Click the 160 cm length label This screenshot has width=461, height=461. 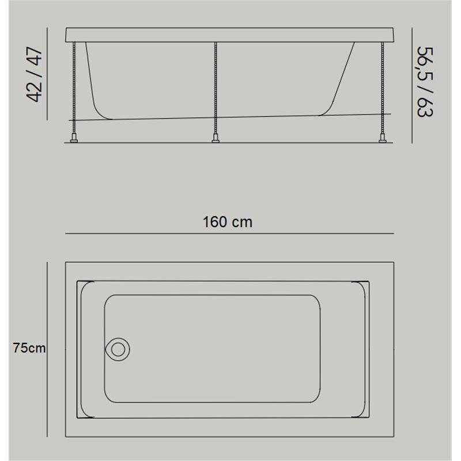coord(227,222)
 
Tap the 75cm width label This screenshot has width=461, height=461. coord(29,348)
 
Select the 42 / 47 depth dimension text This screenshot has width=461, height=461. coord(35,74)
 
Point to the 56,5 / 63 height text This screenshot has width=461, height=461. coord(425,81)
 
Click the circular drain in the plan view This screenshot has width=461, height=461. coord(118,349)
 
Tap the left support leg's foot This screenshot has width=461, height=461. coord(74,138)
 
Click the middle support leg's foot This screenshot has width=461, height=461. coord(216,138)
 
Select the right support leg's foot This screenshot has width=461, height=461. coord(383,138)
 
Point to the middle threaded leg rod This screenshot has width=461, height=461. coord(216,88)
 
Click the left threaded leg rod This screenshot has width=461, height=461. coord(74,88)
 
